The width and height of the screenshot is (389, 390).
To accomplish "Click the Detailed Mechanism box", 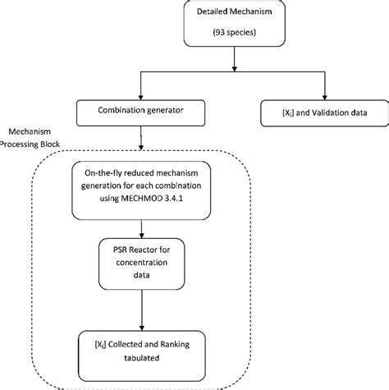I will (237, 27).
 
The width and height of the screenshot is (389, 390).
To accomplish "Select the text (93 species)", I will (237, 36).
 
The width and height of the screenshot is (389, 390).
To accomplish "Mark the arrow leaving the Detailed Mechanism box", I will (237, 62).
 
